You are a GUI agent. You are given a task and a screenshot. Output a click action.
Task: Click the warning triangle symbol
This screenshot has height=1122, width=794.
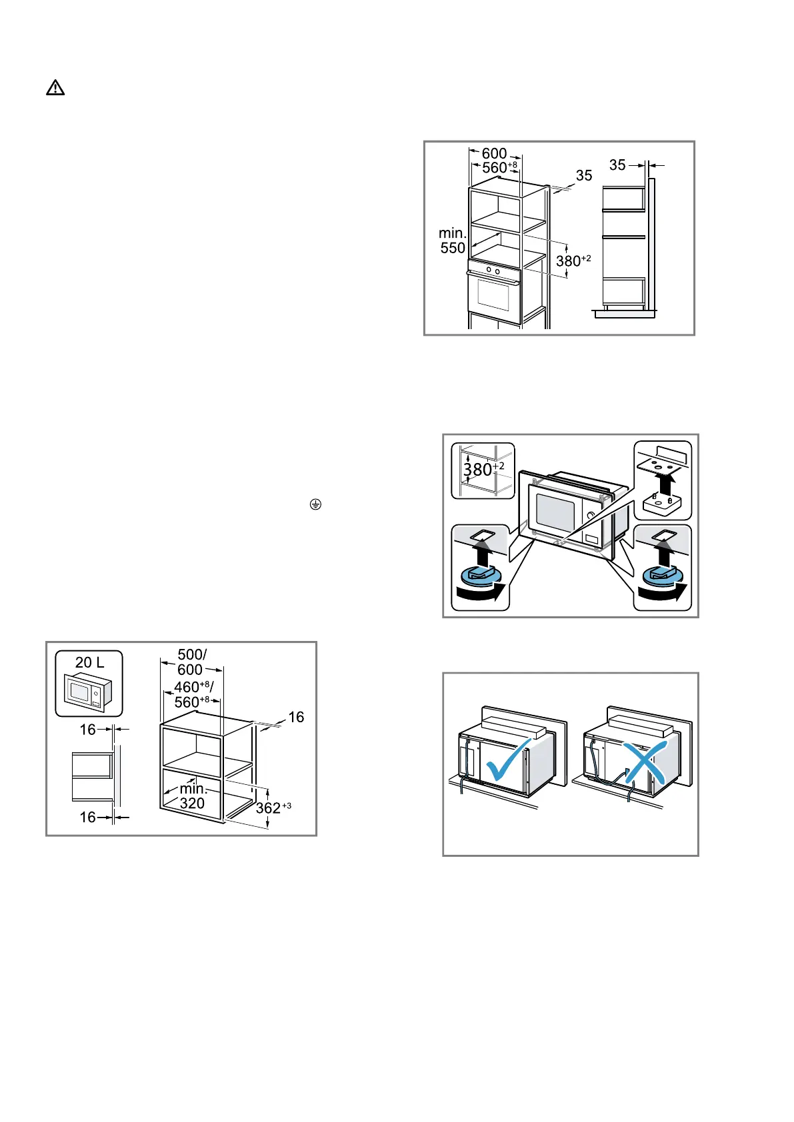pyautogui.click(x=55, y=88)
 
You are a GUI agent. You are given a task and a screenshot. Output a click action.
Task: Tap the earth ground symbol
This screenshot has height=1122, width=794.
pyautogui.click(x=315, y=504)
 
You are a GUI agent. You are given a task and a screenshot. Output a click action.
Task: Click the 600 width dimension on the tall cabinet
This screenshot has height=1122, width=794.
pyautogui.click(x=495, y=153)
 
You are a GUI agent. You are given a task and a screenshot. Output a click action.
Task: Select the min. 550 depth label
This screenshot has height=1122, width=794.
pyautogui.click(x=453, y=241)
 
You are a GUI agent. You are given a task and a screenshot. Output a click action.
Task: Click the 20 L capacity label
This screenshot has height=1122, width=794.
pyautogui.click(x=89, y=662)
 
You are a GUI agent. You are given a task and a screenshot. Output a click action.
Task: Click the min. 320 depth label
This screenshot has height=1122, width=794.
pyautogui.click(x=193, y=796)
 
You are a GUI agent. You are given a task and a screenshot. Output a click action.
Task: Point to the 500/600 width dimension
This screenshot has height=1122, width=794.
pyautogui.click(x=191, y=662)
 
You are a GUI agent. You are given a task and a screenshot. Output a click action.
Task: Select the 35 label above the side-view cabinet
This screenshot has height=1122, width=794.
pyautogui.click(x=617, y=165)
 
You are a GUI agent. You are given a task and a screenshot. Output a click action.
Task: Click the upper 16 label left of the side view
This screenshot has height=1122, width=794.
pyautogui.click(x=88, y=730)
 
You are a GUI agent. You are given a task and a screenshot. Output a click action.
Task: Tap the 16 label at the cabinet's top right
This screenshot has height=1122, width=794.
pyautogui.click(x=296, y=717)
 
